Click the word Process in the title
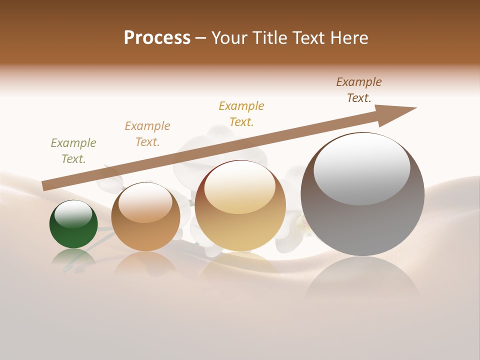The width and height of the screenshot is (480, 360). pyautogui.click(x=157, y=38)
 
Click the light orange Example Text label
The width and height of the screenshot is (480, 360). pyautogui.click(x=147, y=134)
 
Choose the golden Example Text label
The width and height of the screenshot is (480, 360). pyautogui.click(x=241, y=114)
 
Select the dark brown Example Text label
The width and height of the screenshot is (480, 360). pyautogui.click(x=359, y=90)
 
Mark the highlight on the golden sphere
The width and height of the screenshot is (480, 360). pyautogui.click(x=239, y=187)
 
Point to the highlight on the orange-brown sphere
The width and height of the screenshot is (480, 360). pyautogui.click(x=145, y=203)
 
